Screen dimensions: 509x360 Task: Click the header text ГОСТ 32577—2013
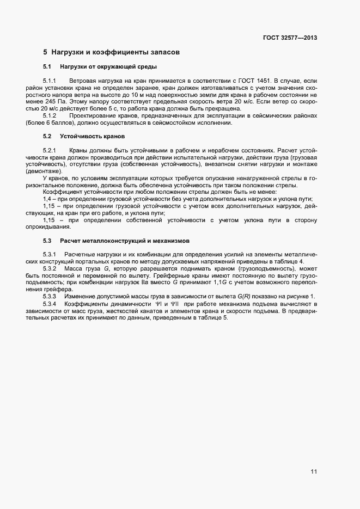(x=289, y=38)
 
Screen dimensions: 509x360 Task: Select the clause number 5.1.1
(x=50, y=80)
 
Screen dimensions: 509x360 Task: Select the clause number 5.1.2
(x=50, y=115)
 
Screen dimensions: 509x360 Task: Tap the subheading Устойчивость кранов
(x=92, y=136)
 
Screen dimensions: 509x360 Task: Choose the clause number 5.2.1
(x=50, y=150)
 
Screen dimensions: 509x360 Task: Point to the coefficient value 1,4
(x=47, y=199)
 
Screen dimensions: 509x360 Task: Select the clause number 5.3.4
(x=50, y=303)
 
